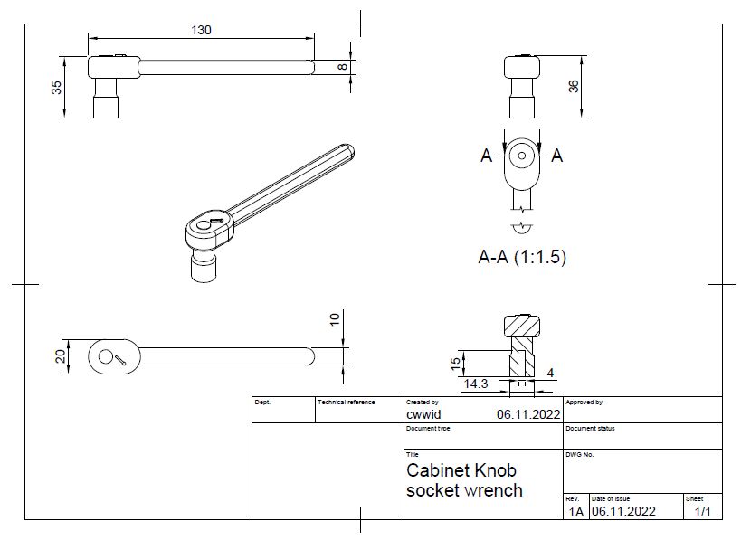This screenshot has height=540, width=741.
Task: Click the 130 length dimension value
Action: [x=201, y=30]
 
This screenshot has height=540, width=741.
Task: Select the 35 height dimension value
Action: [x=56, y=87]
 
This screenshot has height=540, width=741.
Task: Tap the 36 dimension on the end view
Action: [x=572, y=86]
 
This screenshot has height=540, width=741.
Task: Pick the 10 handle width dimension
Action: [x=335, y=319]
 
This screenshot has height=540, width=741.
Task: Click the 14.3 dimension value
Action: [x=477, y=384]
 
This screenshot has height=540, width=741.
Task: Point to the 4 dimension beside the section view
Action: [x=550, y=373]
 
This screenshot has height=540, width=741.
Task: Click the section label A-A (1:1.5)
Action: [x=521, y=257]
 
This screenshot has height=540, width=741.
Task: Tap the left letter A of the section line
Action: [x=486, y=156]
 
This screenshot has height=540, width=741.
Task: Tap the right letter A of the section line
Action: [x=556, y=156]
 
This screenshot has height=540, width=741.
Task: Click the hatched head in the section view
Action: [x=521, y=325]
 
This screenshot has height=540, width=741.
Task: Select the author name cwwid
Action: [x=423, y=413]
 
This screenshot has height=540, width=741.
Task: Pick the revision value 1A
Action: [x=575, y=512]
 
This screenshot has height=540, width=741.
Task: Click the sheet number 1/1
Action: [x=701, y=512]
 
